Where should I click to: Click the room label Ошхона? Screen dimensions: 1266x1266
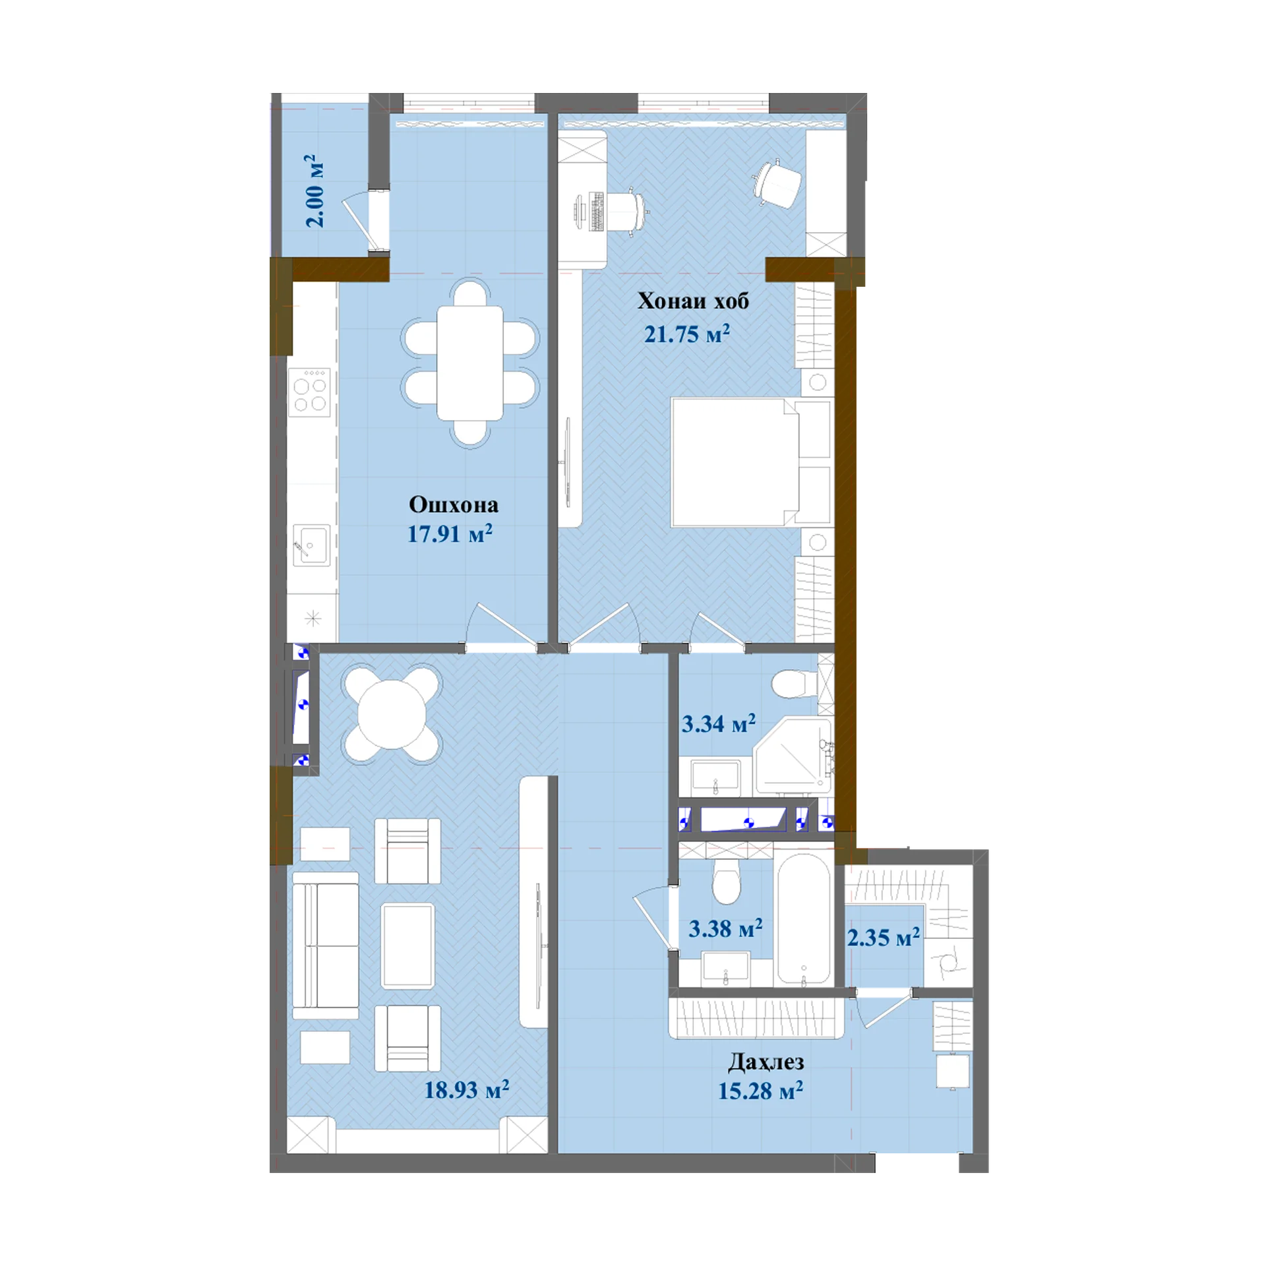453,505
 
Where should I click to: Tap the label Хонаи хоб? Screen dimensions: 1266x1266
693,301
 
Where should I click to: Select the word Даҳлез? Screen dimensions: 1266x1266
766,1062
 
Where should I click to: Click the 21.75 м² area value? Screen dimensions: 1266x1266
686,334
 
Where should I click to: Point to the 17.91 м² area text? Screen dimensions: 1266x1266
450,533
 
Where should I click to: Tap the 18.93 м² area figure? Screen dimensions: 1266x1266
466,1089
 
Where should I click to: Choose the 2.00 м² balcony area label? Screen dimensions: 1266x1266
315,191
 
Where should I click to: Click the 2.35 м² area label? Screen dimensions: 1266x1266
883,937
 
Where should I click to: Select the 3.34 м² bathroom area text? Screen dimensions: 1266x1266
718,724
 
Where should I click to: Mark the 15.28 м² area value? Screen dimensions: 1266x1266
760,1091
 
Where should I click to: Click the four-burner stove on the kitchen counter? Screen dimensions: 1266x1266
310,391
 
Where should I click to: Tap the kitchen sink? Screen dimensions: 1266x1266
311,545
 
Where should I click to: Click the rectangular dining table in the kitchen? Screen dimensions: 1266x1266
470,363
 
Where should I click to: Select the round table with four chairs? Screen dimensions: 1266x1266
391,715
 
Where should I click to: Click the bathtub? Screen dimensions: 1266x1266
803,919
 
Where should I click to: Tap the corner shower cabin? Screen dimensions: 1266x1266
793,756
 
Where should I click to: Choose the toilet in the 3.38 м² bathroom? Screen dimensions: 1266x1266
727,880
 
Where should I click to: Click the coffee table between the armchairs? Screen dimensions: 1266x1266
407,946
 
